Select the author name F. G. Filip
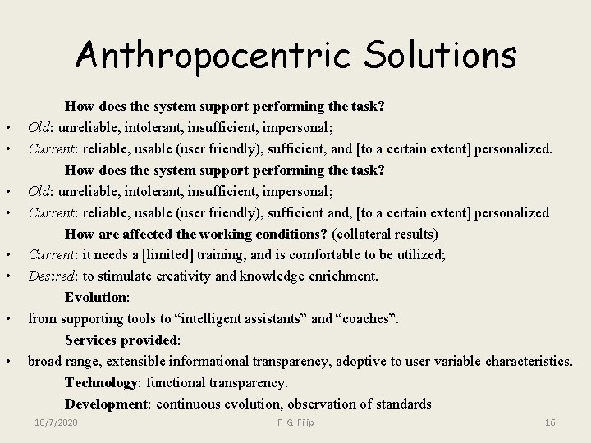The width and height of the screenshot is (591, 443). [295, 422]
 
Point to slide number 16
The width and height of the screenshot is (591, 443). [550, 422]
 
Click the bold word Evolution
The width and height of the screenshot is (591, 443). [96, 297]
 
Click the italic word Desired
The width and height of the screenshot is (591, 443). [51, 276]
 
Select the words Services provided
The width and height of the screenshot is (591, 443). [121, 340]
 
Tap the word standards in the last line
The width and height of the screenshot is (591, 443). [402, 404]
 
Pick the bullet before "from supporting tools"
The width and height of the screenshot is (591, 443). [7, 318]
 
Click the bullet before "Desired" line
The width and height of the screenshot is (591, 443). [7, 276]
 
